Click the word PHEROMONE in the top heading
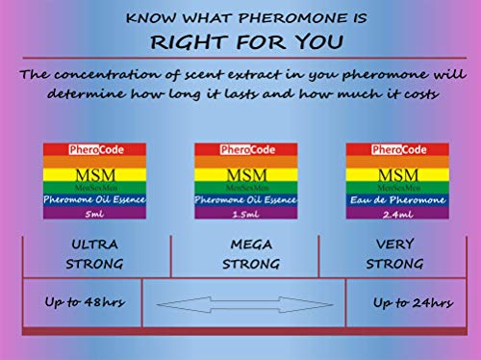292,18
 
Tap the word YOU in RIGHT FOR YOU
318,42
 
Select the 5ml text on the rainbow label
94,214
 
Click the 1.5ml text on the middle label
245,215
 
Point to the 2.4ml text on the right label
397,215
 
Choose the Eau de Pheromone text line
397,200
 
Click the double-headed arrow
244,304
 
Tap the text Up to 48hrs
85,302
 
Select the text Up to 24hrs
414,302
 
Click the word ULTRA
94,244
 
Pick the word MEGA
251,244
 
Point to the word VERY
395,244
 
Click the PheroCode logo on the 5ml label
96,150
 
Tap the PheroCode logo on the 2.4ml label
399,150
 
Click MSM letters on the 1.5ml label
246,175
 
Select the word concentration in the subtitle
107,75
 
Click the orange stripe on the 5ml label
94,162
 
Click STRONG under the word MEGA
251,265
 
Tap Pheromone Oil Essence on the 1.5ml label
245,200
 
